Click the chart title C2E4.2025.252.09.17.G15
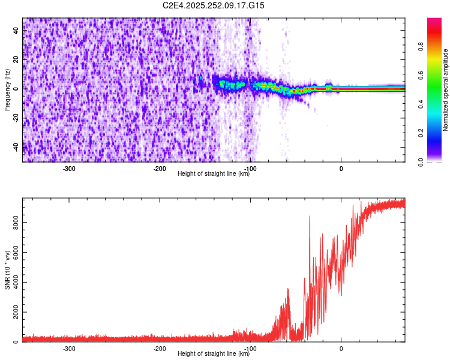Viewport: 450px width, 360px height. click(x=214, y=5)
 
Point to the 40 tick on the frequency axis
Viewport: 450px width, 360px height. click(x=17, y=31)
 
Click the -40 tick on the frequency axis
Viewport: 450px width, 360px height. click(x=16, y=146)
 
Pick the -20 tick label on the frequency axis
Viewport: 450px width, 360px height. click(x=16, y=118)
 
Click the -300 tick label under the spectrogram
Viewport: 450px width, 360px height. click(x=69, y=169)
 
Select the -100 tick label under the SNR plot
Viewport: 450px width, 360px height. click(x=250, y=349)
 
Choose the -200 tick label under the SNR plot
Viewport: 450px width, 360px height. click(x=160, y=349)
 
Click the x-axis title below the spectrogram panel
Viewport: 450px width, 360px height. click(x=214, y=173)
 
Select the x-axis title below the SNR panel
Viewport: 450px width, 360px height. click(x=214, y=353)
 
